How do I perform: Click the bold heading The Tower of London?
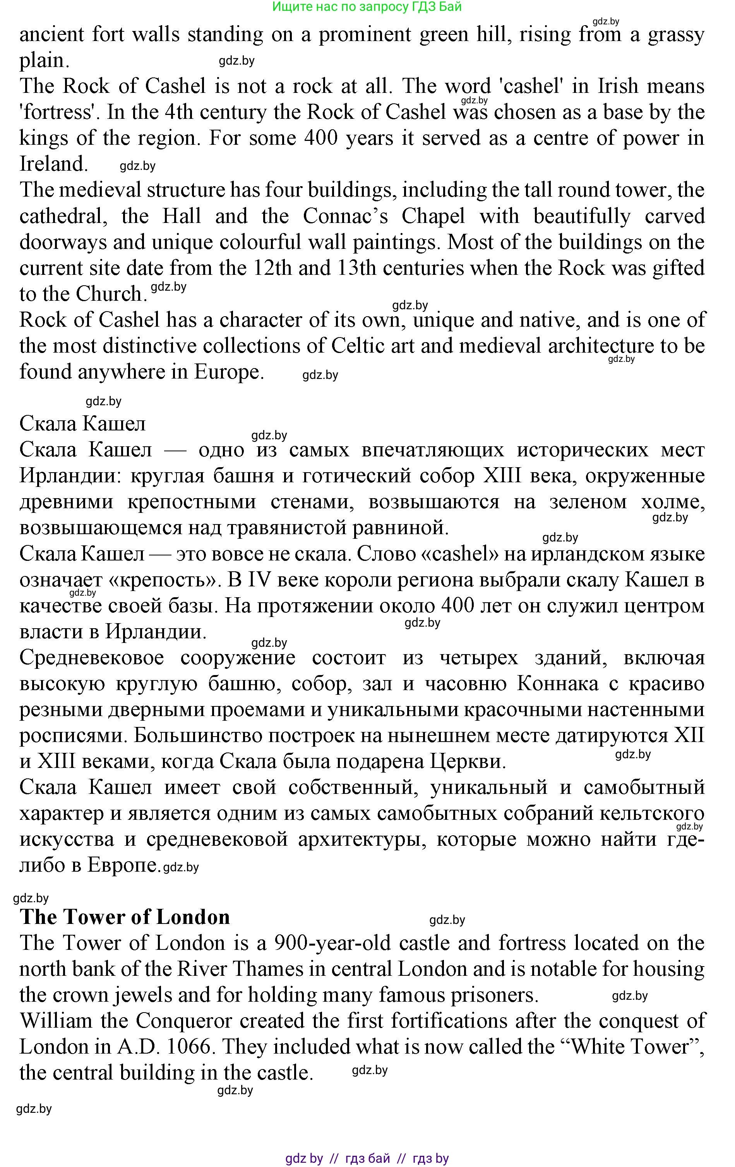(x=125, y=917)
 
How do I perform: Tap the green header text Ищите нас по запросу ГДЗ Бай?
(x=367, y=7)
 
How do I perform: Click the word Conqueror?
(x=184, y=1021)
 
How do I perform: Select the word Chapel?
(x=433, y=216)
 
